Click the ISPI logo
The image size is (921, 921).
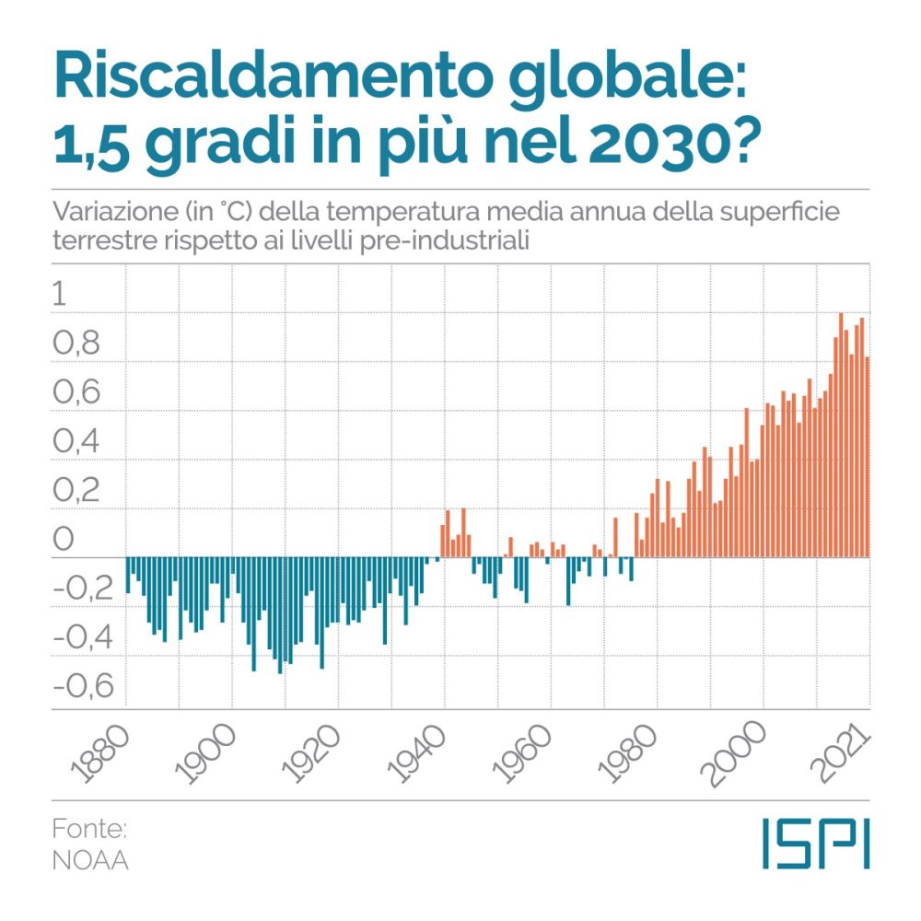click(x=815, y=842)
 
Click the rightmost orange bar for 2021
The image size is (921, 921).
click(x=868, y=457)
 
